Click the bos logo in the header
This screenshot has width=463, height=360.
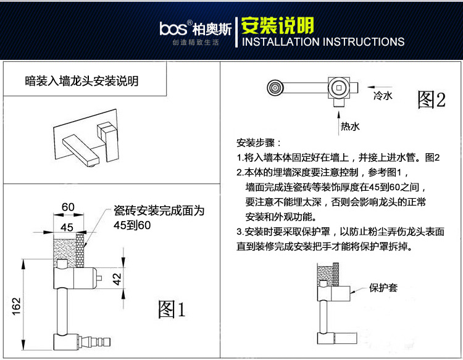coord(173,28)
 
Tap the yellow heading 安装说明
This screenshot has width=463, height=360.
coord(278,26)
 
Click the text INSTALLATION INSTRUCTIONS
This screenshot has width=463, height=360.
coord(323,41)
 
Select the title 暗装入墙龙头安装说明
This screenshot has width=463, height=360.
coord(81,81)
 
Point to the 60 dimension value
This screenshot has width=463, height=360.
coord(68,207)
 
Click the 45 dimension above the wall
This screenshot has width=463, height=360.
coord(67,227)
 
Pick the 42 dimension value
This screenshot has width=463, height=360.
coord(117,278)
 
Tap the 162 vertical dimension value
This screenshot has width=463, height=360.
coord(16,306)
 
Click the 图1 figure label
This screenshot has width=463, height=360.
coord(172,309)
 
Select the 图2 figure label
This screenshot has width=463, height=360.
coord(432,99)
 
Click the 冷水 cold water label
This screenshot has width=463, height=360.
coord(383,96)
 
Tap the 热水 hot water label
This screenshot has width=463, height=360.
coord(350,127)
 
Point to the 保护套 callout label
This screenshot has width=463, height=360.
coord(383,288)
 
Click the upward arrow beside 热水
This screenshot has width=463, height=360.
coord(339,123)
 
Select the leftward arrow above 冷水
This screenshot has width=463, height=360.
coord(380,87)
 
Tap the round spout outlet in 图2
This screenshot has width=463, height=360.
coord(275,88)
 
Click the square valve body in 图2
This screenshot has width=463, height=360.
coord(339,88)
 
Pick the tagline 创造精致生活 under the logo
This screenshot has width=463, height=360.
coord(196,43)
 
